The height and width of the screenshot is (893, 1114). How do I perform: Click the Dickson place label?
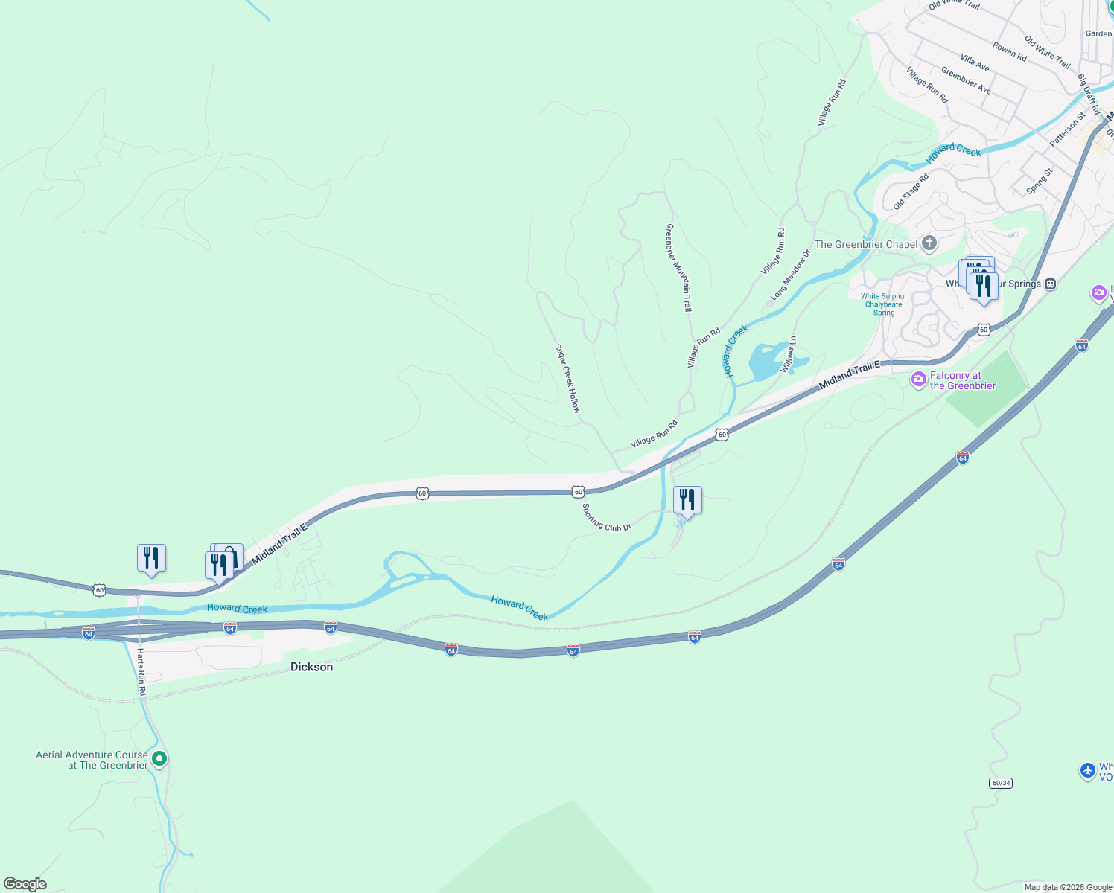click(311, 667)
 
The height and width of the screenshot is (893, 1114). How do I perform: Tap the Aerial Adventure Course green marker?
click(159, 759)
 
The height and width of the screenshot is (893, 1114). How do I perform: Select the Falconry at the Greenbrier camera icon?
click(919, 380)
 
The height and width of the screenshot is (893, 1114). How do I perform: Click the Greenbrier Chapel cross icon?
click(929, 243)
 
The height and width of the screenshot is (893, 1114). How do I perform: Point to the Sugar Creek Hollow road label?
click(567, 379)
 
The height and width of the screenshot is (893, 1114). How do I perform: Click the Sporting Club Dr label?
click(606, 518)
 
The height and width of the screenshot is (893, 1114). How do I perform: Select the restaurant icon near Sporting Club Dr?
click(687, 500)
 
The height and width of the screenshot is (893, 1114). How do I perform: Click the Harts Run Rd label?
click(141, 672)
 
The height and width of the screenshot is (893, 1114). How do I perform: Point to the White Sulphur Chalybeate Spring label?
click(884, 304)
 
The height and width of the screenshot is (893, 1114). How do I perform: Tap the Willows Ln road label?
click(789, 355)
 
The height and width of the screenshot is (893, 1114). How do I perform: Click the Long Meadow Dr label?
click(791, 275)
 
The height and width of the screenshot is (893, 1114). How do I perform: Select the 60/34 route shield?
click(1001, 783)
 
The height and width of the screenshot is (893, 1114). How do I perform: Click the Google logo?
click(25, 884)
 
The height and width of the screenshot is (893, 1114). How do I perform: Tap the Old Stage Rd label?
click(911, 191)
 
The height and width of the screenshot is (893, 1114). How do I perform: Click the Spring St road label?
click(1040, 181)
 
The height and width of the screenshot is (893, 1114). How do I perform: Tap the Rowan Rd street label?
click(1010, 52)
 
